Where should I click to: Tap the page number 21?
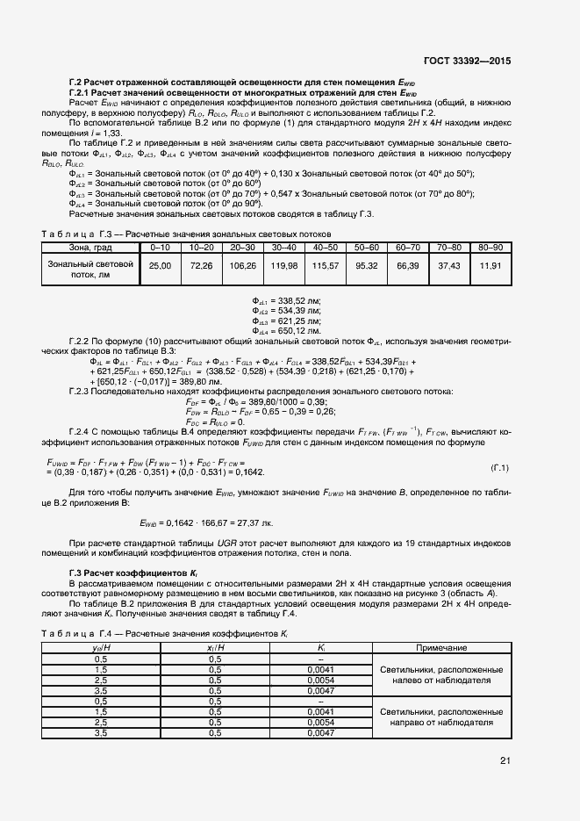[505, 760]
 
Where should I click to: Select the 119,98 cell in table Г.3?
[285, 265]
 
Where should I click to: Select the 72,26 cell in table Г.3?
[202, 265]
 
